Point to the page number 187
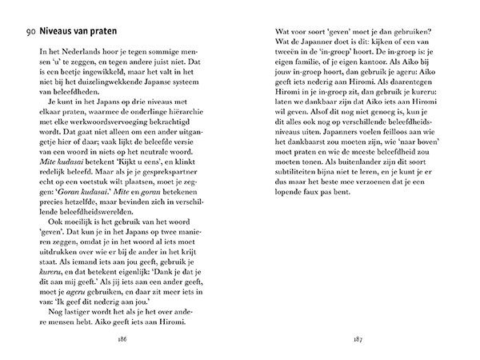[359, 338]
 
